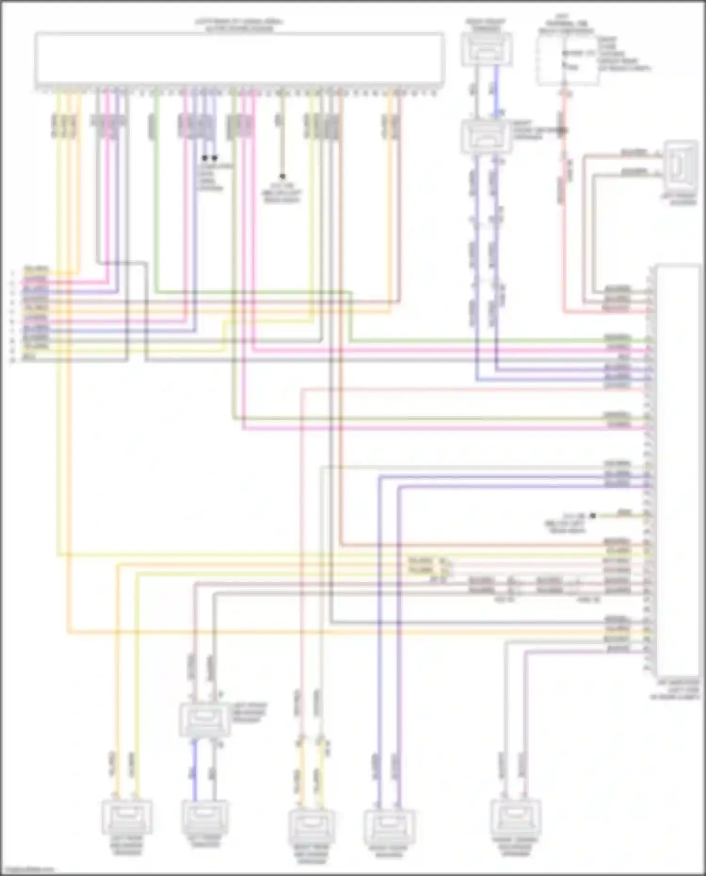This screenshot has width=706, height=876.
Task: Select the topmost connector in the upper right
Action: click(x=487, y=50)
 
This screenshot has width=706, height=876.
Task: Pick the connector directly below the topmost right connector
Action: click(x=487, y=137)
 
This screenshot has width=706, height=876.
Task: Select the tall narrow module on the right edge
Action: click(x=677, y=471)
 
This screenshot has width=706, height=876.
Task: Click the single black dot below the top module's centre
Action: click(x=282, y=176)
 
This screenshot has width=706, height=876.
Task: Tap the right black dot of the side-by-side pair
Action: click(x=215, y=158)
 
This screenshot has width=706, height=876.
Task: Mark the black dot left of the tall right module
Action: click(x=593, y=516)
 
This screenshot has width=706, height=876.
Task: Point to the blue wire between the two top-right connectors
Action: click(x=496, y=92)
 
